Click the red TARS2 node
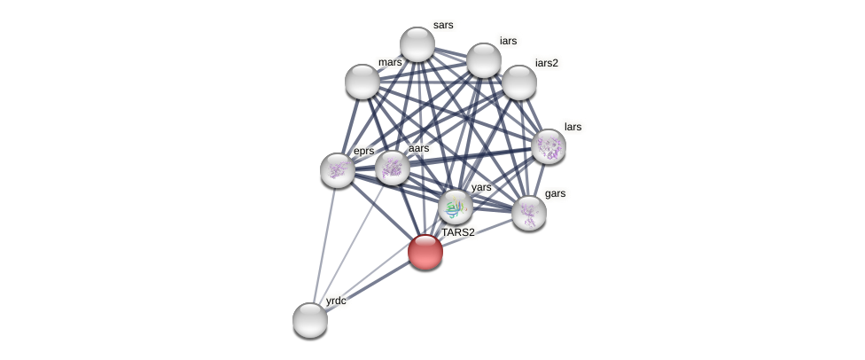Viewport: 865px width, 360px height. coord(425,252)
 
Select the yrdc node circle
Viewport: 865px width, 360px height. coord(310,320)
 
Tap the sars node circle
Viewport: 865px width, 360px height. coord(417,44)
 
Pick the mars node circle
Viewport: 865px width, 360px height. coord(362,82)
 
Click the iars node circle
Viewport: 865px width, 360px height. coord(484,60)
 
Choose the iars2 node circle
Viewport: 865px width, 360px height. coord(519,82)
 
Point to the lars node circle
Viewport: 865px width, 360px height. coord(549,146)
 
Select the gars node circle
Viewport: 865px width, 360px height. coord(529,213)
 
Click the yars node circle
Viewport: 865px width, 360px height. coord(456,207)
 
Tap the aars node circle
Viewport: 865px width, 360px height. coord(393,168)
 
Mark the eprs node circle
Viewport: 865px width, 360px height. coord(338,170)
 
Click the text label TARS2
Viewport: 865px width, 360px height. coord(458,232)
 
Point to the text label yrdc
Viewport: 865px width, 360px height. coord(336,301)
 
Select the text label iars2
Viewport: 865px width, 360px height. coord(547,63)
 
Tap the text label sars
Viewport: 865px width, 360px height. coord(443,25)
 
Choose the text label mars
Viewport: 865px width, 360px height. coord(390,62)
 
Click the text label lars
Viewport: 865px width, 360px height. coord(573,127)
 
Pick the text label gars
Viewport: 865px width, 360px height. coord(556,193)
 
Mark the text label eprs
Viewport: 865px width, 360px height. coord(364,151)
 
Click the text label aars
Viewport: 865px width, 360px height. coord(418,148)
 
